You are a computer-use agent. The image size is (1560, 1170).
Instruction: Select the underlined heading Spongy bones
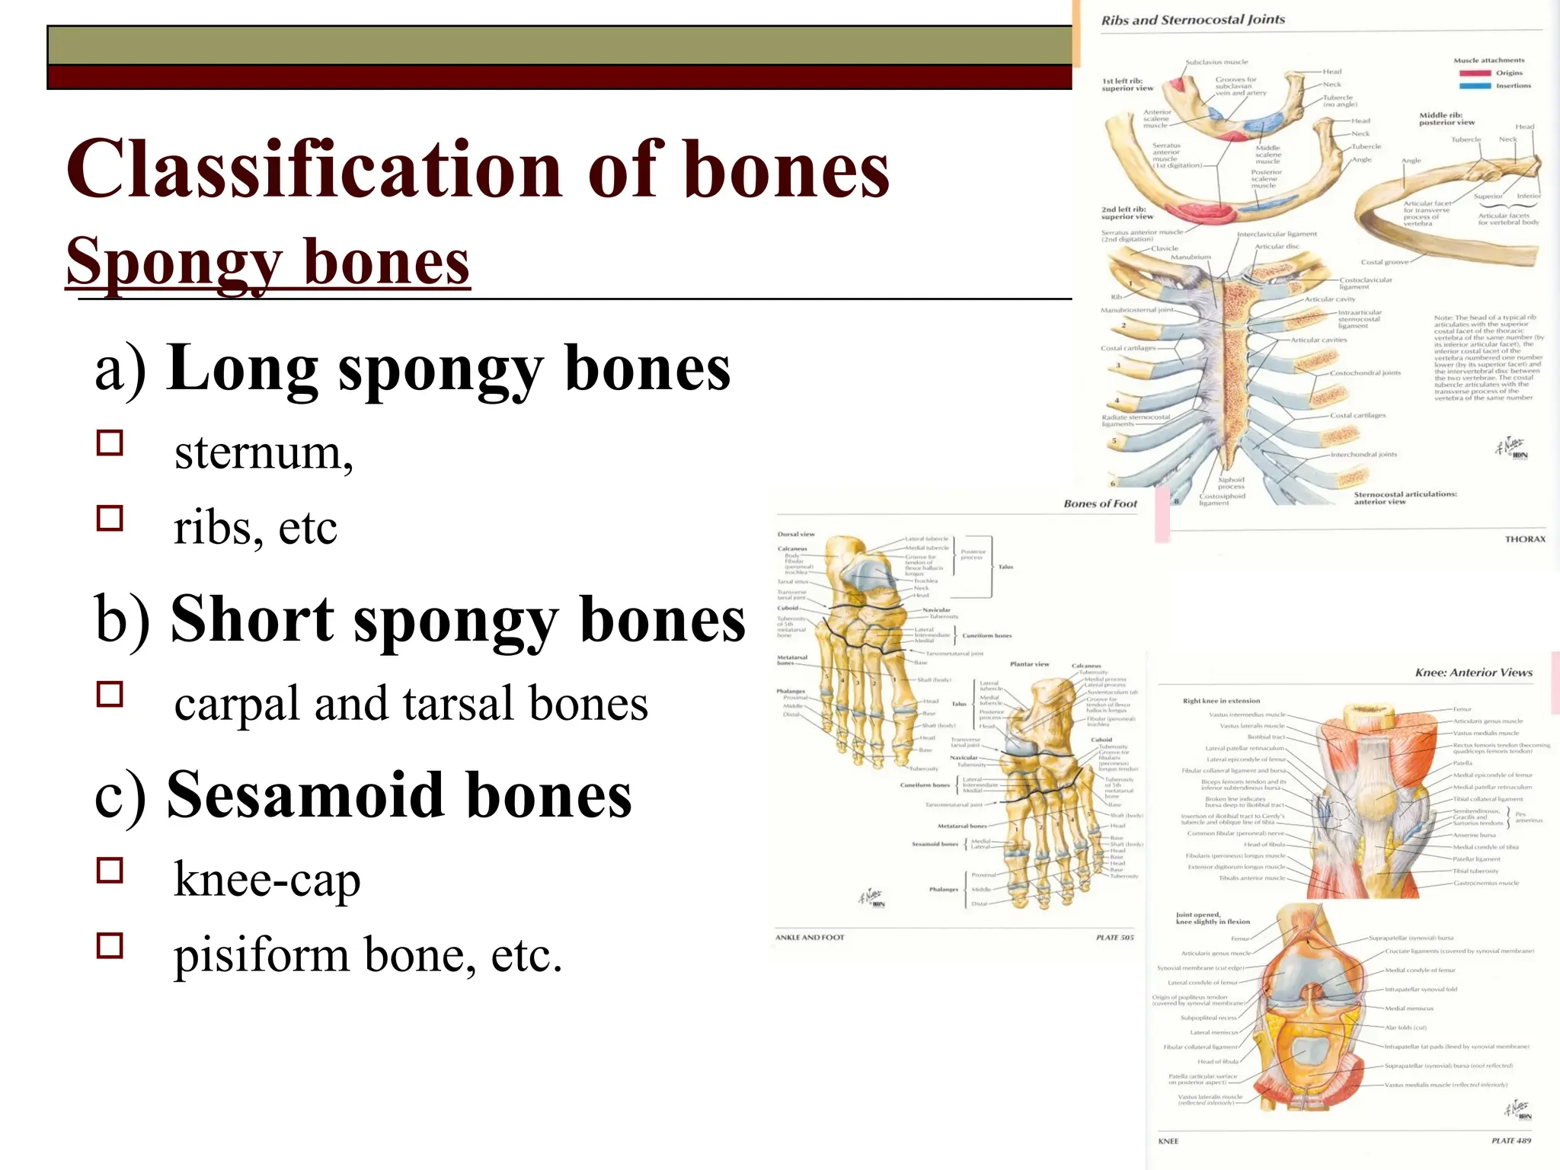[268, 262]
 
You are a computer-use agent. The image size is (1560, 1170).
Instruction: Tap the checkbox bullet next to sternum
[110, 443]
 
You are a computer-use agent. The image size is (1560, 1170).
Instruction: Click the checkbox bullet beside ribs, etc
[110, 519]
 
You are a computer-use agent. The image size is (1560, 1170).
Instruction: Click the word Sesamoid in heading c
[304, 795]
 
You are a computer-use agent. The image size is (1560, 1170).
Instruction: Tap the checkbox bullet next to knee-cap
[110, 870]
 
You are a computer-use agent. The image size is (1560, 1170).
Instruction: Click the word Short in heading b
[252, 620]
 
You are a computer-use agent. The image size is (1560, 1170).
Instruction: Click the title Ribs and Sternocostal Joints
[1193, 20]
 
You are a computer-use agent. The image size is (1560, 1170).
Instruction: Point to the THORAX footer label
[1525, 539]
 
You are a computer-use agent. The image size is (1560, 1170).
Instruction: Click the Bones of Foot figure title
[1100, 503]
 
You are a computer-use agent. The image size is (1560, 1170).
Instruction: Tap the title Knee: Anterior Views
[1473, 673]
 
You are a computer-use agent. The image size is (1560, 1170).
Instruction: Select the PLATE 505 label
[1114, 938]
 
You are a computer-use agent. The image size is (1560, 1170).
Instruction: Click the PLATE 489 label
[1511, 1140]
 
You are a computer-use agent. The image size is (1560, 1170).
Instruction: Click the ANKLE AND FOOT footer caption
[810, 938]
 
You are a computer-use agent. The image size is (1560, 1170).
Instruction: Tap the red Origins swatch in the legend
[1475, 73]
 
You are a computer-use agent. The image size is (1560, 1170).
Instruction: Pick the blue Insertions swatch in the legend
[1475, 86]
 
